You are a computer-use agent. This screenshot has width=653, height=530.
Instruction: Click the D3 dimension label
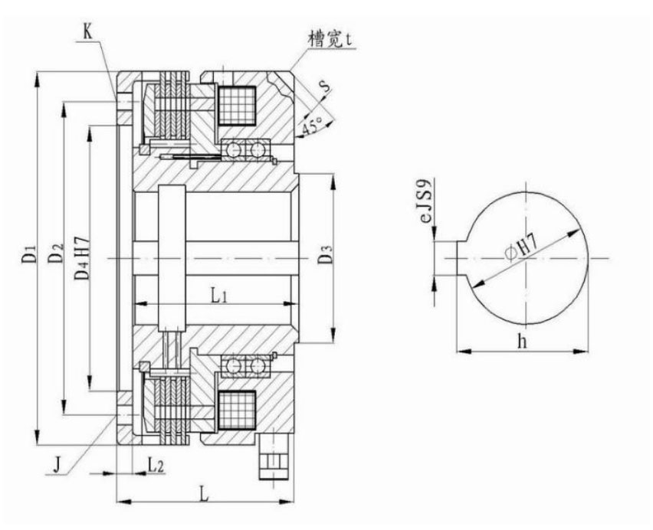[x=325, y=256]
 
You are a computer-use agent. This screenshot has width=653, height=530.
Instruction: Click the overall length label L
[x=205, y=494]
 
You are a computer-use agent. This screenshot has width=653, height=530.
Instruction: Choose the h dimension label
[x=523, y=342]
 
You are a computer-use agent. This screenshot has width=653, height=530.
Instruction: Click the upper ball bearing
[x=246, y=149]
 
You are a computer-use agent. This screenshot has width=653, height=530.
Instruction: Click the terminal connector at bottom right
[x=274, y=458]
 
